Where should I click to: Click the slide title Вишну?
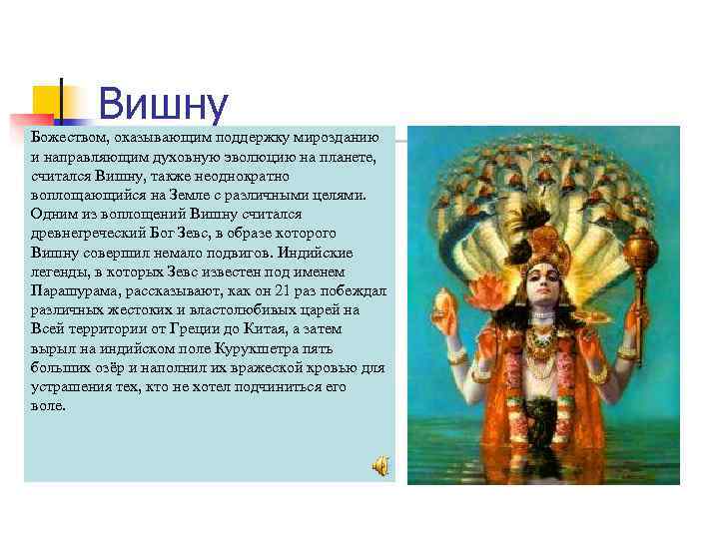click(164, 104)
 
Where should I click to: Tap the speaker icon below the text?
click(380, 465)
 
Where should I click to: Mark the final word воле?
click(48, 405)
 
